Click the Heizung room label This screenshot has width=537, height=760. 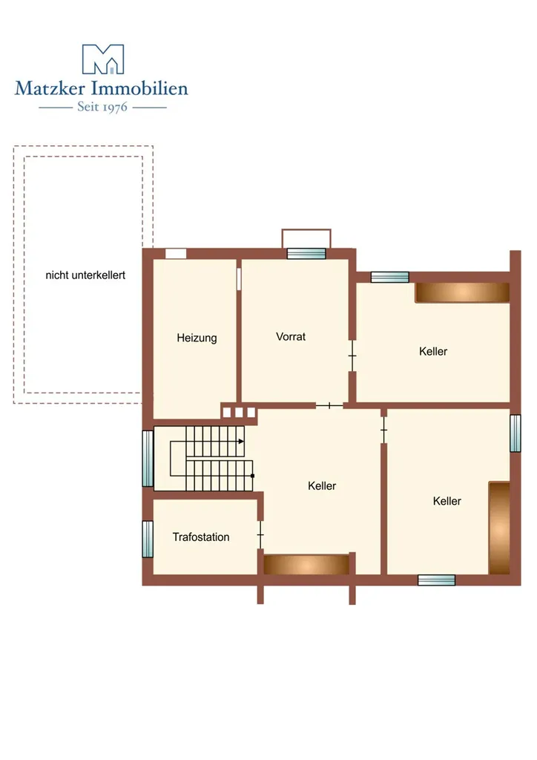click(197, 338)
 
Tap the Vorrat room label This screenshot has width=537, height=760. click(291, 336)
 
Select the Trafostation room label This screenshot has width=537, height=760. click(201, 537)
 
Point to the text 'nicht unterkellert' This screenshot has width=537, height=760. click(85, 275)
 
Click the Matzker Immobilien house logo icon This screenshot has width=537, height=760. click(103, 59)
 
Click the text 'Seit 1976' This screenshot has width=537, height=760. click(102, 107)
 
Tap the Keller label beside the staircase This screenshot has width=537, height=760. click(322, 485)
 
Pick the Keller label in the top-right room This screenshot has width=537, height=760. click(433, 351)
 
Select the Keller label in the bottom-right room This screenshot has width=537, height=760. click(447, 501)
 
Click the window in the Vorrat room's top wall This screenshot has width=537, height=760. click(306, 254)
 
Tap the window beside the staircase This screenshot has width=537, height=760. click(148, 459)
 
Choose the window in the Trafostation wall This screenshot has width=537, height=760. click(148, 539)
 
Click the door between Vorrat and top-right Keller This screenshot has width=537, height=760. click(352, 356)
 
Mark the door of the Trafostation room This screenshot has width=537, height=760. click(260, 535)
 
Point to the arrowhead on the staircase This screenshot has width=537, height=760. click(241, 442)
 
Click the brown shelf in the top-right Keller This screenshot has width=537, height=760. click(462, 292)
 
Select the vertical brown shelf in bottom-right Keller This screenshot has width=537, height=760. click(499, 528)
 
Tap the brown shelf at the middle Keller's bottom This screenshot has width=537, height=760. click(306, 565)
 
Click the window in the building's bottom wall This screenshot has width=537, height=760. click(436, 580)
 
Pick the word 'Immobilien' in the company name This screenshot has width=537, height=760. click(139, 88)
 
